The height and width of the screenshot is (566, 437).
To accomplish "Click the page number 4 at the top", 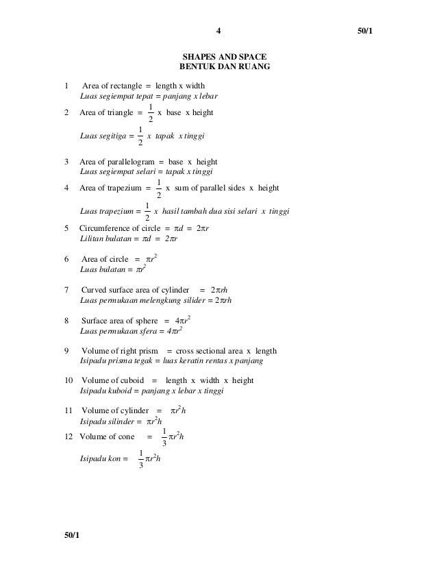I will click(218, 31).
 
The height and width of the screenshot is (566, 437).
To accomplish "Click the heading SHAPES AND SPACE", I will click(224, 56).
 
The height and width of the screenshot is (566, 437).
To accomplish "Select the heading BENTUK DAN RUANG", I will click(224, 67).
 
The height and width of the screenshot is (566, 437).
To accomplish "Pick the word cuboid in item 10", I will click(129, 380).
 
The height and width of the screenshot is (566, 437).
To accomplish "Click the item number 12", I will click(68, 436).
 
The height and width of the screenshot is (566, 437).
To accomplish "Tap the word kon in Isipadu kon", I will click(115, 459).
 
